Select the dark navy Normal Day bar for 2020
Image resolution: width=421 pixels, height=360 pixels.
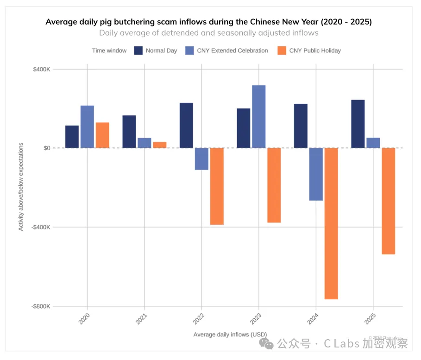[x=72, y=137]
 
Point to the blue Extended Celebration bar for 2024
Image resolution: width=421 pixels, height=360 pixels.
[x=316, y=174]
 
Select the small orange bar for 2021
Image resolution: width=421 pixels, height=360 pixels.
[x=160, y=145]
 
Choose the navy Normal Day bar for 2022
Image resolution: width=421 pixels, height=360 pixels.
[x=186, y=126]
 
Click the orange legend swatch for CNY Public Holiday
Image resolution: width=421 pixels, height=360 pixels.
[x=281, y=51]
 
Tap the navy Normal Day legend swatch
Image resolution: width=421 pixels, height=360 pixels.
[x=138, y=51]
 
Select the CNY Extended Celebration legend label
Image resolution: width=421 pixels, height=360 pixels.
[x=232, y=51]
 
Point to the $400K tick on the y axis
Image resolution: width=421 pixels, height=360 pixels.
[x=41, y=69]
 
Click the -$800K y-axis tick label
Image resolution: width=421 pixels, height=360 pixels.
[x=41, y=306]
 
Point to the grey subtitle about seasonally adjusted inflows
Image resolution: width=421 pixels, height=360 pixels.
[x=208, y=33]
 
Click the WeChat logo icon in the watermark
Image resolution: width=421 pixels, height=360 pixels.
[x=266, y=343]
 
